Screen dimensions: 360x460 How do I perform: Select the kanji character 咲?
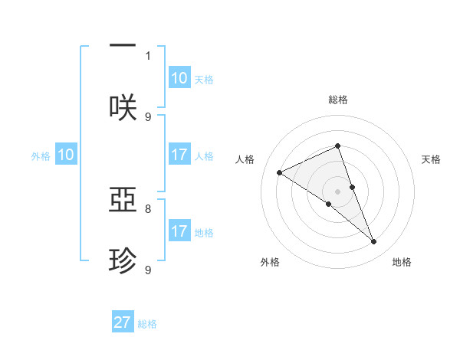coord(123,108)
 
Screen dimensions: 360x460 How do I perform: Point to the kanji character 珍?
coord(123,261)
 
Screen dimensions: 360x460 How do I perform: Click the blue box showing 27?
coord(123,322)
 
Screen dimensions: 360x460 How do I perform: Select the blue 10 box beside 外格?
coord(66,155)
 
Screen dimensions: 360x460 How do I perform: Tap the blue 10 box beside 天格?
coord(179,78)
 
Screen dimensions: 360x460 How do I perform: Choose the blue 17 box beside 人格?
coord(179,155)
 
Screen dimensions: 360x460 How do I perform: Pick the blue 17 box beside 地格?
coord(179,231)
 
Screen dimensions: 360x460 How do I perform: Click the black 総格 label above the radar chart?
coord(337,100)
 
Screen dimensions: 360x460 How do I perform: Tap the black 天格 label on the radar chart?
coord(431,159)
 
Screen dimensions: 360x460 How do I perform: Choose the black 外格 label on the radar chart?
coord(269,262)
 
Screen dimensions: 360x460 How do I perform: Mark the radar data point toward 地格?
coord(374,242)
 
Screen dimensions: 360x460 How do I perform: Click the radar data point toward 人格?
coord(279,172)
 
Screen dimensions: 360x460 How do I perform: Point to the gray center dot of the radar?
coord(337,191)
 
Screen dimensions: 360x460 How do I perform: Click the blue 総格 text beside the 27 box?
coord(147,324)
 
